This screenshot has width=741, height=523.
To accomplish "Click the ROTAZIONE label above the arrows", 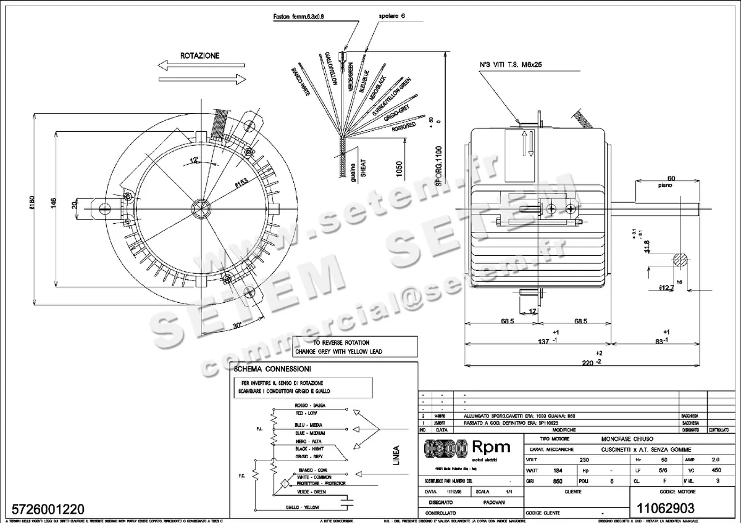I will [x=199, y=56].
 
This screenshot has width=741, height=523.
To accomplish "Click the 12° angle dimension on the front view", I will [x=193, y=161].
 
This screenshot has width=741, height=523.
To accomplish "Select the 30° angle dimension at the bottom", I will [x=237, y=325].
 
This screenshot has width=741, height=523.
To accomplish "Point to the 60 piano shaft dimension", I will [x=671, y=179].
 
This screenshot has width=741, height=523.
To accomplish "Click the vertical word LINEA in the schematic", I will [x=397, y=456].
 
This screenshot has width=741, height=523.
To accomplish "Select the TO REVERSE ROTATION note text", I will [x=341, y=342].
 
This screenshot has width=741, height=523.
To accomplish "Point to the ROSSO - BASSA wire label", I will [x=310, y=405].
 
